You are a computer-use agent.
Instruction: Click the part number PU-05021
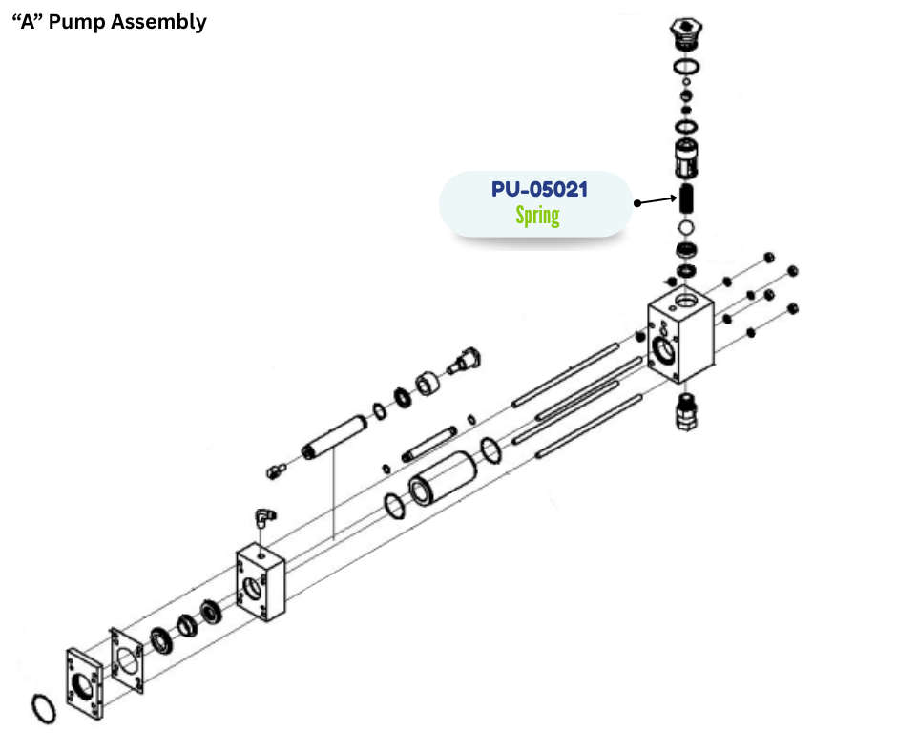tap(539, 189)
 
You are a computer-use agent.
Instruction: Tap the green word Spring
tap(537, 215)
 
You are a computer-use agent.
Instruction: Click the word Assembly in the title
tap(158, 22)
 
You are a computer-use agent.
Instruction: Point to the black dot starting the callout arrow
tap(637, 202)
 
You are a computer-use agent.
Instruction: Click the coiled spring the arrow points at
tap(687, 199)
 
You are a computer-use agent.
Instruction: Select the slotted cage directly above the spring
tap(686, 157)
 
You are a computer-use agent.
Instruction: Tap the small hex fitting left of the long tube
tap(276, 469)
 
